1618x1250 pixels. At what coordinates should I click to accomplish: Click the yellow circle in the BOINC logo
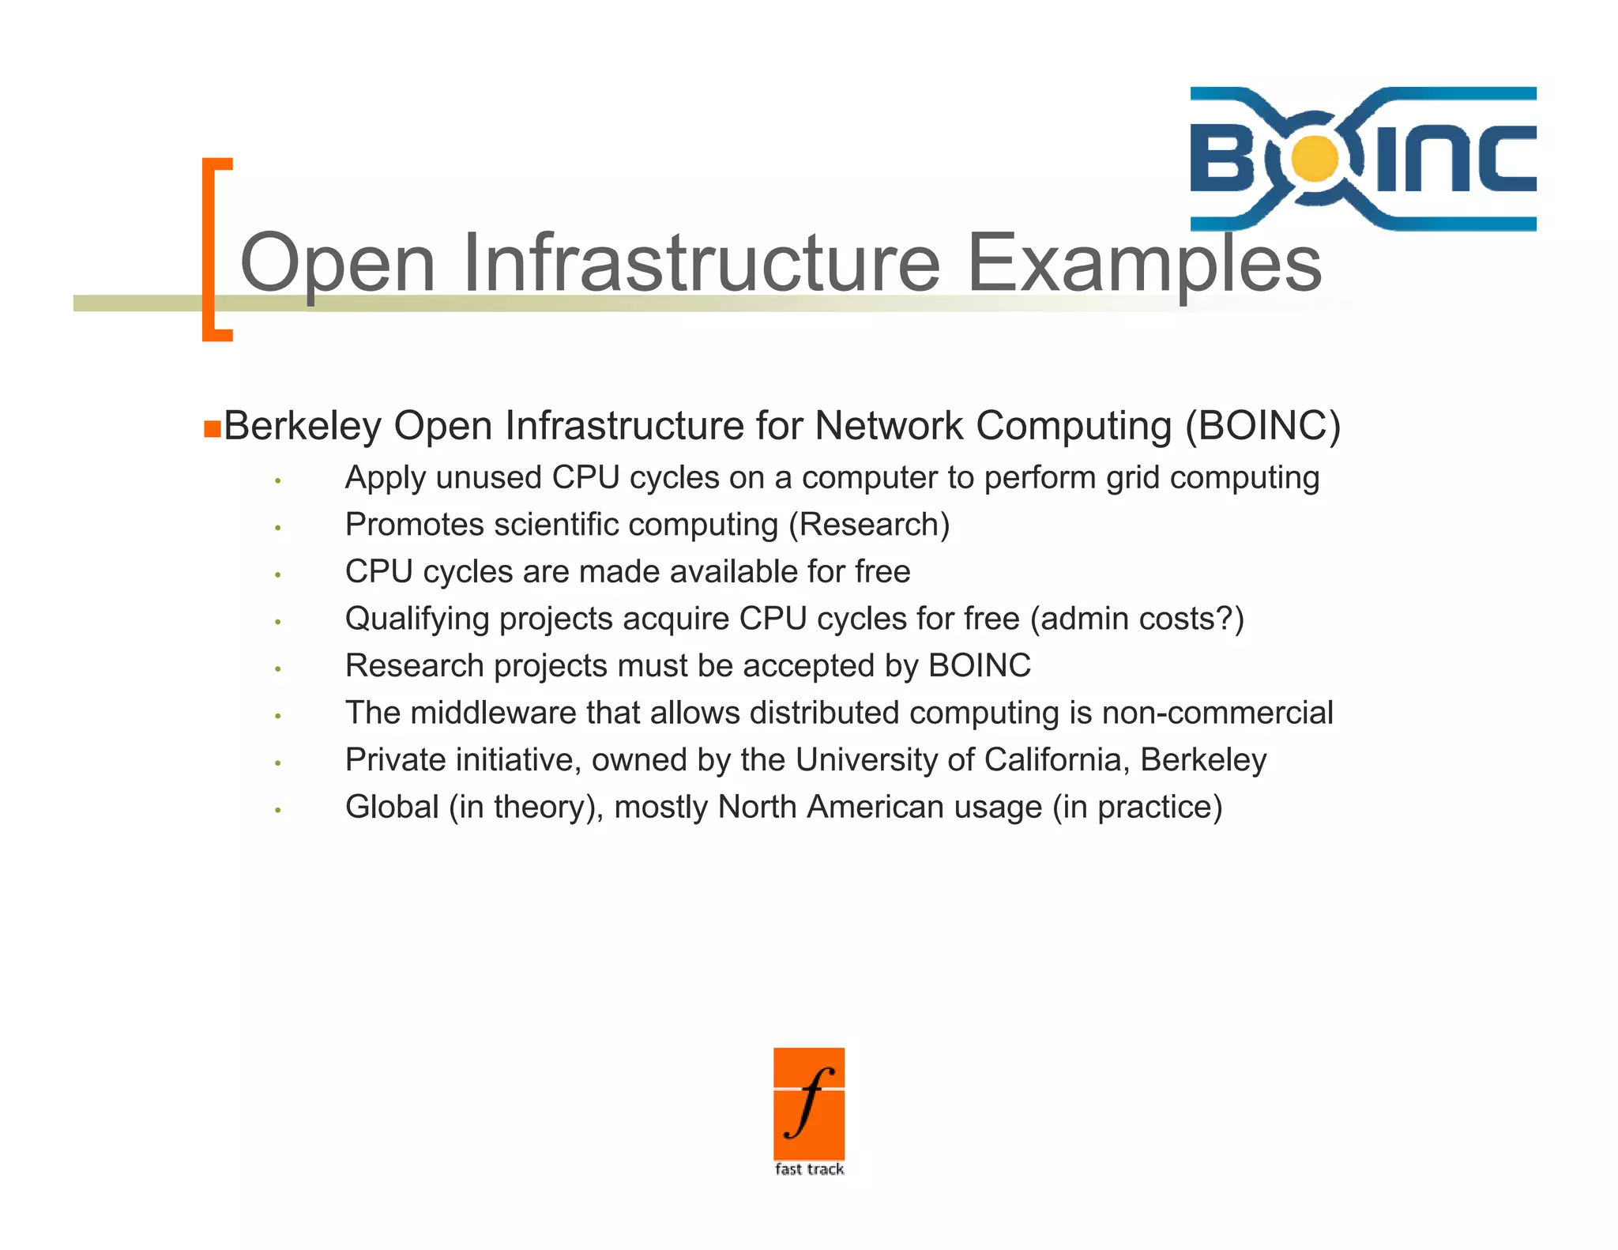coord(1315,158)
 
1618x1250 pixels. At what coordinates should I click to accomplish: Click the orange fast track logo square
coord(809,1103)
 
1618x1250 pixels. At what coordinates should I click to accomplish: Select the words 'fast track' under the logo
coord(809,1169)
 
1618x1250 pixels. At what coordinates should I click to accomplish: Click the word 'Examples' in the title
coord(1144,263)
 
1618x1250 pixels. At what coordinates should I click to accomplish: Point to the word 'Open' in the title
coord(338,263)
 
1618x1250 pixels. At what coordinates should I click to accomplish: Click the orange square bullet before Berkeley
coord(212,428)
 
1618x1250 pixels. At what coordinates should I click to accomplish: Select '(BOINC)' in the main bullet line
coord(1262,426)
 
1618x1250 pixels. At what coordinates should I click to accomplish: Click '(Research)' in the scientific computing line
coord(869,525)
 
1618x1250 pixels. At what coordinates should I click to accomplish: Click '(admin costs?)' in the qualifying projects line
coord(1137,619)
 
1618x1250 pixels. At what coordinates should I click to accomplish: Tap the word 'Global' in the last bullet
coord(392,807)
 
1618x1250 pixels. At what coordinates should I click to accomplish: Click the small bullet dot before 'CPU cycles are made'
coord(278,574)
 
